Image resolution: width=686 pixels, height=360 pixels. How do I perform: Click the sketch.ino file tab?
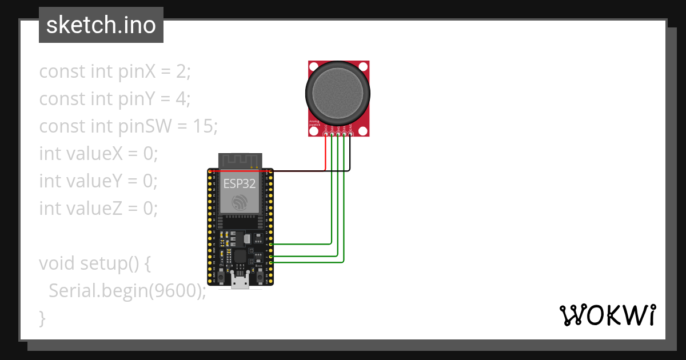(101, 25)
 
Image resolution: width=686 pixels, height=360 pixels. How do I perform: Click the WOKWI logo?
(607, 315)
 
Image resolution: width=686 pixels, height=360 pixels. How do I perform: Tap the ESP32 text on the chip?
(239, 184)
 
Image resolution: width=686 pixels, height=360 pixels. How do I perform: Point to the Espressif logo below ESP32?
(239, 202)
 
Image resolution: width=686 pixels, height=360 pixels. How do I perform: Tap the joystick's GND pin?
(350, 134)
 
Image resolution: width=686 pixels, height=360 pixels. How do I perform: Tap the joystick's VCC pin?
(326, 134)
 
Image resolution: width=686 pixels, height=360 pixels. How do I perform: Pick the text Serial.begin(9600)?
(127, 291)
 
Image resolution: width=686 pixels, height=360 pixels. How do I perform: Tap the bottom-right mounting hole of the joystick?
(363, 131)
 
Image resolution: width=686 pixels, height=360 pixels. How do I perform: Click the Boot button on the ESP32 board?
(260, 277)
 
